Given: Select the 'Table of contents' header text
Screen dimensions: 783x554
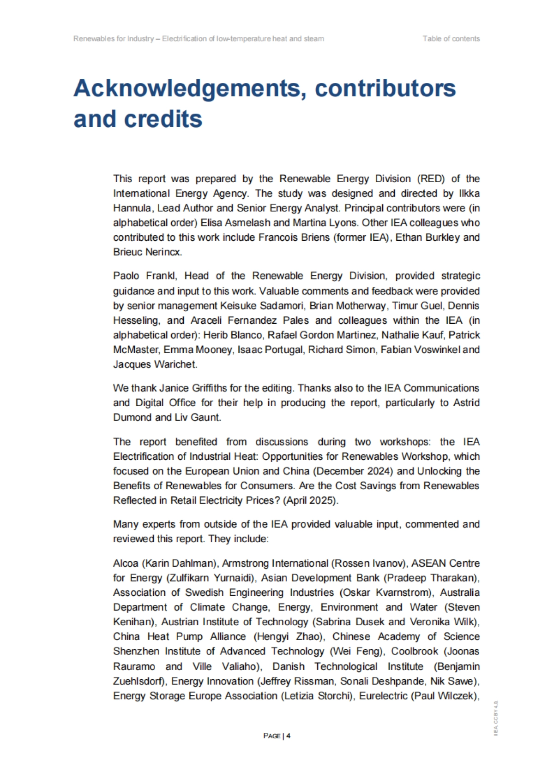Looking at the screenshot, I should click(x=451, y=39).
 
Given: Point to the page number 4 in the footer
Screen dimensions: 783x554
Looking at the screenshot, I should click(x=289, y=736).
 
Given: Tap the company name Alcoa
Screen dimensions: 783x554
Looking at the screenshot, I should click(x=126, y=564).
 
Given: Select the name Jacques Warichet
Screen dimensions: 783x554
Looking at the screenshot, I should click(x=155, y=364).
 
